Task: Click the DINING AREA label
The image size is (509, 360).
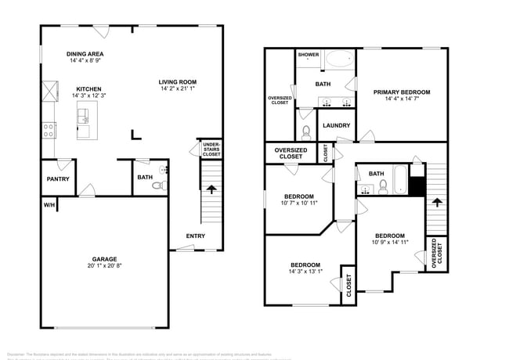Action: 81,53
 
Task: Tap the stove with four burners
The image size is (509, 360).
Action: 49,130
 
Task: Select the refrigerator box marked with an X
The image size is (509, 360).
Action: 49,92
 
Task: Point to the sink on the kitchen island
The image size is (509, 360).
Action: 84,117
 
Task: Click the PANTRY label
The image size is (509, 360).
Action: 58,179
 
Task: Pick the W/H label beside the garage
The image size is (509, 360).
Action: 49,205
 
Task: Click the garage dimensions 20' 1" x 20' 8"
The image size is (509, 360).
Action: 104,268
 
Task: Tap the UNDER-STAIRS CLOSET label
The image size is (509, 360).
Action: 211,149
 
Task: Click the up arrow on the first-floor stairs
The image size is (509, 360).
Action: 210,189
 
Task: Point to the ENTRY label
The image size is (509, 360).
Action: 196,236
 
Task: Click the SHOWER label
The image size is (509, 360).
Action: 308,55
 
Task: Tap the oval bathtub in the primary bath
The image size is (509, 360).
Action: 338,58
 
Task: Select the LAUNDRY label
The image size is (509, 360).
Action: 335,125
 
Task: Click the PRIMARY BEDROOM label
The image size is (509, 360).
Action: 401,92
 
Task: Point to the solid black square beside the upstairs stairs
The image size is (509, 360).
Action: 417,188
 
